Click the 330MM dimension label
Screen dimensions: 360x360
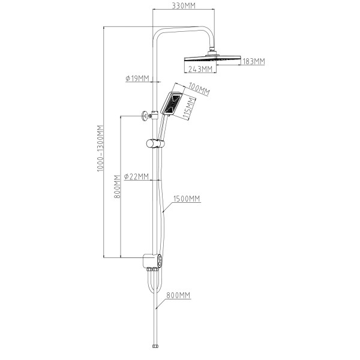(184, 6)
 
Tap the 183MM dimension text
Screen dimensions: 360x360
(253, 61)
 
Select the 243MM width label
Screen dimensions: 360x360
(200, 69)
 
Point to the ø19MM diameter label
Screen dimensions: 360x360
(137, 79)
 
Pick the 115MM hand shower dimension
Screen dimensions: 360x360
(190, 108)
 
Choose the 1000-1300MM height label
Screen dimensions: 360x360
(100, 148)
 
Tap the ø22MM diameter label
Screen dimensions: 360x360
(136, 176)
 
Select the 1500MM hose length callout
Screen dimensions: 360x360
(187, 199)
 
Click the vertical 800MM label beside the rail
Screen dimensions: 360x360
(117, 187)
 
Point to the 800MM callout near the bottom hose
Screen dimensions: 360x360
(178, 295)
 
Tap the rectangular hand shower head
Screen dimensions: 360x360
(171, 103)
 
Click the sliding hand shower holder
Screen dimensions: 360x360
(155, 143)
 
